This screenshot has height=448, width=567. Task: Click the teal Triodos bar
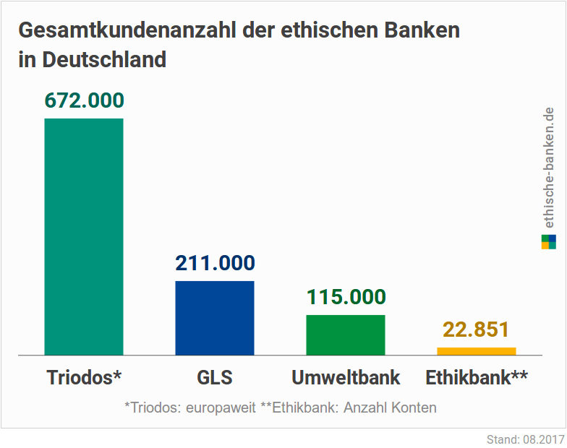coord(84,236)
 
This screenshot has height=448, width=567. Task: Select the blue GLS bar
coord(215,318)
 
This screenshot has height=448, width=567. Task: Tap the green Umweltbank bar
coord(346,335)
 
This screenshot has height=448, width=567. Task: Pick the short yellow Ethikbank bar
coord(477,351)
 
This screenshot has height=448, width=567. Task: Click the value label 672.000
coord(84,100)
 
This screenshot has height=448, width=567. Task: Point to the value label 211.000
coord(215,264)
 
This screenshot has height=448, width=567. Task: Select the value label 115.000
coord(346,297)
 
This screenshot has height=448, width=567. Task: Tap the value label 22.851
coord(477,330)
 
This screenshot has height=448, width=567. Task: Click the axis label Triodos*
coord(84,378)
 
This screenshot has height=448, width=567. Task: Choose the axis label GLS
coord(215,378)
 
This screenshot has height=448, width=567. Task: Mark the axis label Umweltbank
coord(346,378)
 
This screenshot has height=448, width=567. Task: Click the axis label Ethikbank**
coord(477,378)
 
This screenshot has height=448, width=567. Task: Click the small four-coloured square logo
coord(548,242)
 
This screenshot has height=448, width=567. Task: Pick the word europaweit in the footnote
coord(221,408)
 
